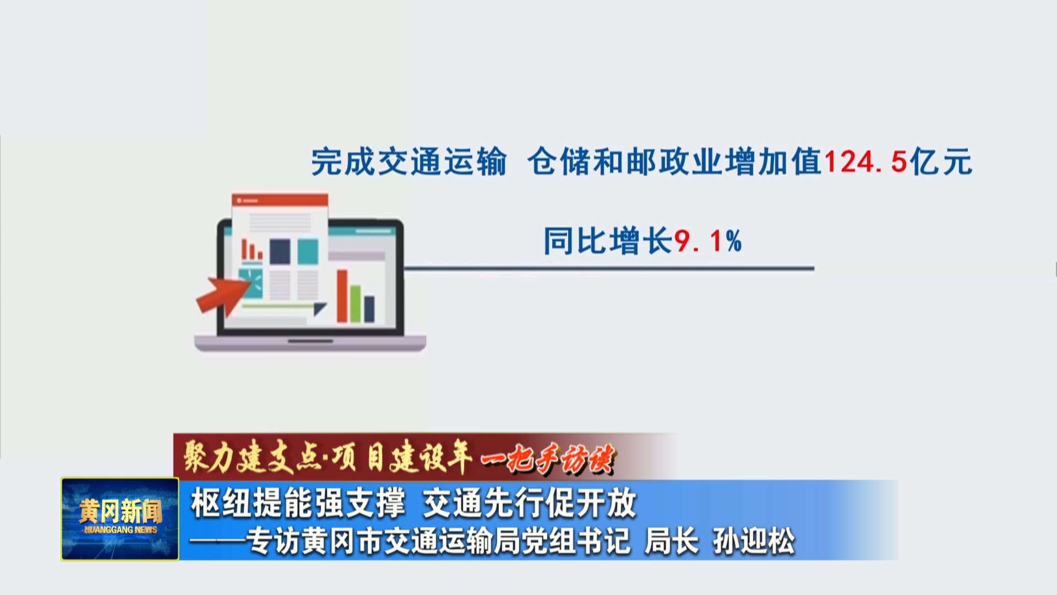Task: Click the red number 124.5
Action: (865, 162)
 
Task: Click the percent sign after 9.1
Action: (733, 241)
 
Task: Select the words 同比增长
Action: (608, 241)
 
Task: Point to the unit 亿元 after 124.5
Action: (941, 162)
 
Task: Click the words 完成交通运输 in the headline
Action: (408, 162)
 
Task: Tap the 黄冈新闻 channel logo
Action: (120, 519)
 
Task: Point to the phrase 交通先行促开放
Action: (530, 503)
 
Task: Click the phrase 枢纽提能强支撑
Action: (298, 503)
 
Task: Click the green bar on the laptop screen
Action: (356, 304)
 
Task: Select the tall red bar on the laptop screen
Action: (342, 296)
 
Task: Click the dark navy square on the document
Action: (280, 251)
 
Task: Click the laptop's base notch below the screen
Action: (310, 341)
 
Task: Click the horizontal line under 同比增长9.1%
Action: (609, 269)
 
